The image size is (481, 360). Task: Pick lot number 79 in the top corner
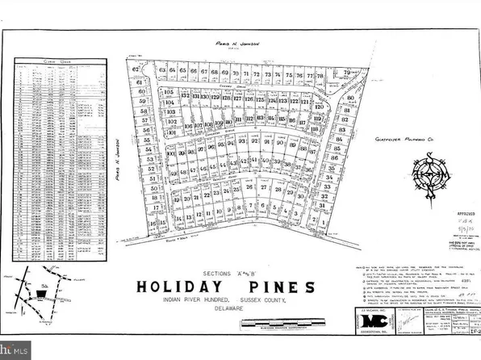tap(349, 73)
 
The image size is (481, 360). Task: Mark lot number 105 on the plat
tap(168, 92)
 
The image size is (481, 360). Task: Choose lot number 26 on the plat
tap(249, 188)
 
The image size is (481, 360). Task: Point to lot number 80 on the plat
tap(350, 98)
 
